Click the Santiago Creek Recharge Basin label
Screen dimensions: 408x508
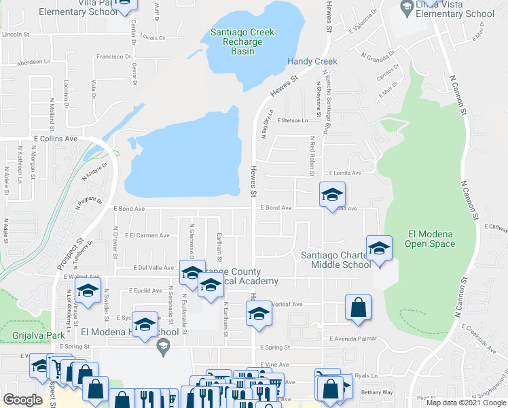(242, 41)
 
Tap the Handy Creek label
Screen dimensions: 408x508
(312, 61)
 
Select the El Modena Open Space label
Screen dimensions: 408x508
(430, 239)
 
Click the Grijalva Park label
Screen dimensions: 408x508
(38, 335)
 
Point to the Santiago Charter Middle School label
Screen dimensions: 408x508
(336, 260)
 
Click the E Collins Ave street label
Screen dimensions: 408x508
(56, 138)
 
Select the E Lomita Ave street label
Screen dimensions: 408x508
(345, 173)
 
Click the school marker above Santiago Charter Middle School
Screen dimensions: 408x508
(379, 248)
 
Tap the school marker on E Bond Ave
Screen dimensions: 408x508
(332, 195)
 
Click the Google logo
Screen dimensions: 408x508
(23, 400)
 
